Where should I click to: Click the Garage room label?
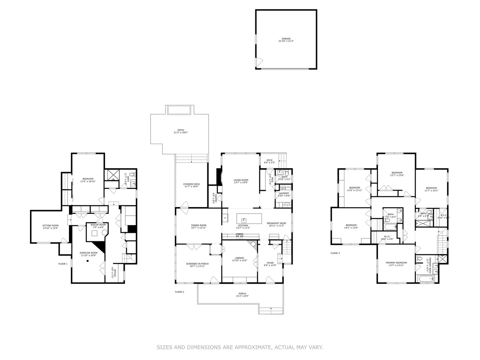point(286,39)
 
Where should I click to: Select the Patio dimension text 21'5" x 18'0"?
point(181,133)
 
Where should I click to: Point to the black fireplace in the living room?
point(219,176)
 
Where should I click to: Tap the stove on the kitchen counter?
point(239,236)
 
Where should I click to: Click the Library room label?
point(239,258)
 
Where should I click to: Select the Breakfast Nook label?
point(276,223)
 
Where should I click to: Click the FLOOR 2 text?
point(179,292)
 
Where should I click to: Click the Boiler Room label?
point(98,225)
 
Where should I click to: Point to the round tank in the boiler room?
point(104,233)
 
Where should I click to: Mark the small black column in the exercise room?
point(87,261)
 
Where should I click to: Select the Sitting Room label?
point(50,226)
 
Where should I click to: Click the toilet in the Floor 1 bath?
point(132,175)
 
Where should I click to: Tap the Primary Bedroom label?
point(396,263)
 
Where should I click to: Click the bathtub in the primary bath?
point(425,279)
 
